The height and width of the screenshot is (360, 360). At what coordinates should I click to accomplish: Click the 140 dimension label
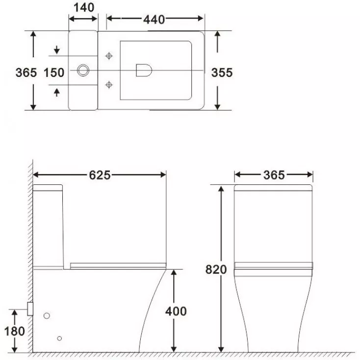click(x=84, y=7)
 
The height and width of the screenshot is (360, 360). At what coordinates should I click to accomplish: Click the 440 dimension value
click(x=154, y=20)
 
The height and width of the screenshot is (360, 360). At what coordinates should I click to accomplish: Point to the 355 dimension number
click(x=222, y=73)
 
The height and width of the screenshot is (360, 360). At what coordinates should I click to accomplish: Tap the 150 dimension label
click(x=54, y=73)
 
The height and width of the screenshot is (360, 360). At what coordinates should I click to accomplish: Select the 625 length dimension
click(x=100, y=175)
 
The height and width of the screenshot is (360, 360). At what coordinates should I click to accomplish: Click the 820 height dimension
click(x=216, y=269)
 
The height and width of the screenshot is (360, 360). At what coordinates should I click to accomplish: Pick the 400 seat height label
click(x=176, y=311)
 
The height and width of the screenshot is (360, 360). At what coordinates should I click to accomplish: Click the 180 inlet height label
click(x=14, y=331)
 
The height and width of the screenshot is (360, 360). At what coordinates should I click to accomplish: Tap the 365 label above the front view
click(x=274, y=175)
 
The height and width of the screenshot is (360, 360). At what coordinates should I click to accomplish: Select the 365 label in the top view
click(x=26, y=73)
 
